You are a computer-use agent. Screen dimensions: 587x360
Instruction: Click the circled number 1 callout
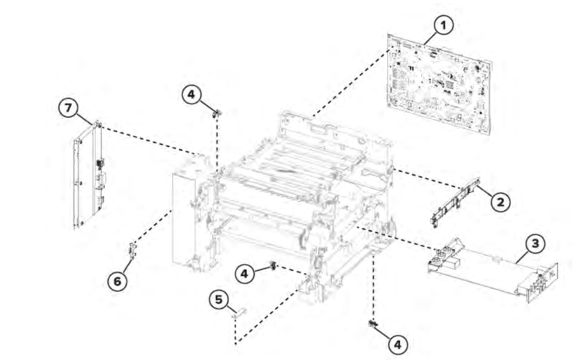pos(443,25)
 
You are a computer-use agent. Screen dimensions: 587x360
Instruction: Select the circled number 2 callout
pos(501,202)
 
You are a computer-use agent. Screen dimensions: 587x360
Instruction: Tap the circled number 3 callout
pos(535,243)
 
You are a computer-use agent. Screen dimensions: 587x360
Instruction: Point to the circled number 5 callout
pos(219,299)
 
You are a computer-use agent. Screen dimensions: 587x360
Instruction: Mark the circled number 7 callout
pos(68,108)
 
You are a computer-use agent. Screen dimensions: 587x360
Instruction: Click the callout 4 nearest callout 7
pos(191,94)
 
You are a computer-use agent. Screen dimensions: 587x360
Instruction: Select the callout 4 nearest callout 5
pos(245,274)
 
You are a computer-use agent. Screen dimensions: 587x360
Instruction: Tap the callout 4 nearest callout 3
pos(397,344)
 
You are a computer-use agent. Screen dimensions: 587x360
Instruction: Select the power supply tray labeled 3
pos(493,269)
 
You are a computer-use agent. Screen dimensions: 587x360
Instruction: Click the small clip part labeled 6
pos(132,250)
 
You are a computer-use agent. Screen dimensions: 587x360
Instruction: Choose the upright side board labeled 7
pos(89,174)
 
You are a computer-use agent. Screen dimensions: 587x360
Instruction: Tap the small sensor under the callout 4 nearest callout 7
pos(216,114)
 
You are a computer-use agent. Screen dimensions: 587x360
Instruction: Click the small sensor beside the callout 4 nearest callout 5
pos(273,266)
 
